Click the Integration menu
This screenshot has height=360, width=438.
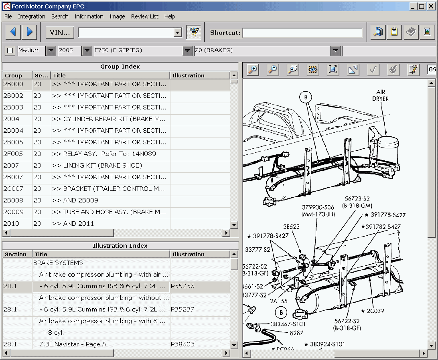tap(31, 16)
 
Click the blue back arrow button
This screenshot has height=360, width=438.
tap(13, 32)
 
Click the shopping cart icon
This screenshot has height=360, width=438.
tap(195, 32)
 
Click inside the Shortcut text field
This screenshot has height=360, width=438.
tap(302, 33)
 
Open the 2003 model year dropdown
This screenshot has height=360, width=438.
tap(87, 51)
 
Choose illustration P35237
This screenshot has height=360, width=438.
tap(182, 309)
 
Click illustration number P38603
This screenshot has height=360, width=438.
tap(182, 344)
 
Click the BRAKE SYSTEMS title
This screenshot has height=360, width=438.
tap(58, 263)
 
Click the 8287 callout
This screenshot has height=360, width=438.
tap(297, 333)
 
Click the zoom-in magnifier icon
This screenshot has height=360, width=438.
tap(253, 70)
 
